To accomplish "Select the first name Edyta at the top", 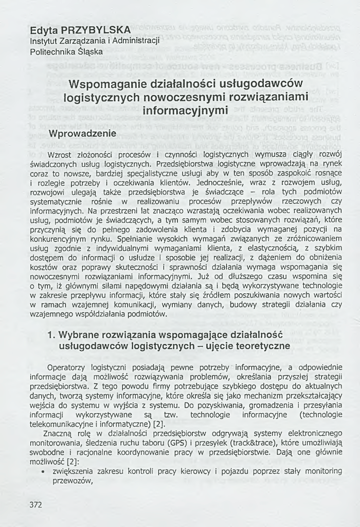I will pos(44,30).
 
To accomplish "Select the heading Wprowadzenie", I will pos(82,134).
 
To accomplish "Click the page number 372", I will pos(35,504).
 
